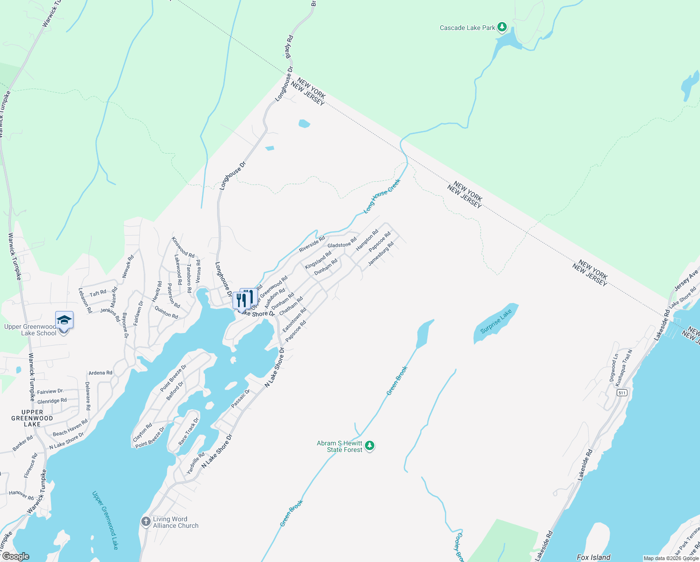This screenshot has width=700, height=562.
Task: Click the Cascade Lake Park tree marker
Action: click(502, 27)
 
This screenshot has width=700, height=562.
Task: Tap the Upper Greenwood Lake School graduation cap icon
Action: click(64, 320)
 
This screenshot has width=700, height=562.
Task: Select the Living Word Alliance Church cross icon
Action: click(146, 521)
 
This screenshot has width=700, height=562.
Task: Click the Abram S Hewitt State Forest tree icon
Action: click(370, 445)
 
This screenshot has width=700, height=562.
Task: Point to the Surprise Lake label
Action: click(496, 322)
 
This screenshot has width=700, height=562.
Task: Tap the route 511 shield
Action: click(621, 392)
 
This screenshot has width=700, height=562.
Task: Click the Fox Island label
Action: click(593, 557)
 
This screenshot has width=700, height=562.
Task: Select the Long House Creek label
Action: click(382, 196)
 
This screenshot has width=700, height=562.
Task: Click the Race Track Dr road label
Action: click(188, 431)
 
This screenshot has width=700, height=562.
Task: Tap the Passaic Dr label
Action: click(241, 399)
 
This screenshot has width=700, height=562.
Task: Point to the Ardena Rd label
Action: click(100, 373)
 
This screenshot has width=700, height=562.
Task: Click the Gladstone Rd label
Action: click(342, 244)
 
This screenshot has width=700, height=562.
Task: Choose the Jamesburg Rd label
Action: click(381, 254)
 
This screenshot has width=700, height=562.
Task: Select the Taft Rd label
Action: click(98, 294)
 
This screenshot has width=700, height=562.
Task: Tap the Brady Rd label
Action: click(289, 47)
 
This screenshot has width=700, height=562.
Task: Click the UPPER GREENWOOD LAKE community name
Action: click(32, 418)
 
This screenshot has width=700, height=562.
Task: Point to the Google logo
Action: click(16, 556)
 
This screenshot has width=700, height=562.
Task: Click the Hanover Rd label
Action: click(21, 495)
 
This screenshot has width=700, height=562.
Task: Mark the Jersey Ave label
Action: click(686, 280)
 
